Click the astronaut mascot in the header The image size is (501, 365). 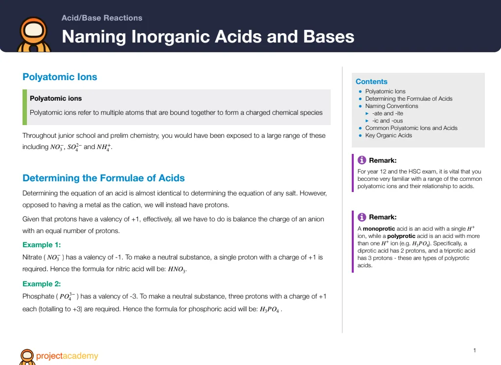(34, 35)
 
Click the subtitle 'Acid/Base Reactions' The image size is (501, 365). (102, 18)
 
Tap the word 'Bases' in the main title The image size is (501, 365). (328, 36)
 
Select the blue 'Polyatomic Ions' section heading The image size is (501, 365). (60, 77)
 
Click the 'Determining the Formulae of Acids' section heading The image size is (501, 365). (104, 178)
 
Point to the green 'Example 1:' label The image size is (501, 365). (42, 245)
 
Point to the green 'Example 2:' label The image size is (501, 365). (42, 284)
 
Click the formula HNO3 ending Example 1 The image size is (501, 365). (177, 269)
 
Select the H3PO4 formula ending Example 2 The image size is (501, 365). (270, 309)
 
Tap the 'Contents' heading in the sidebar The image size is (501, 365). (371, 82)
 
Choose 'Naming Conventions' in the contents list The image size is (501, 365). (391, 106)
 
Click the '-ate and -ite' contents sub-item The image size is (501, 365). (387, 113)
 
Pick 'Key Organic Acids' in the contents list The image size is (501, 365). (388, 135)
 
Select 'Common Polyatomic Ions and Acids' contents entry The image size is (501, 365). (411, 128)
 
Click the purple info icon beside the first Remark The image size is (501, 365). (362, 160)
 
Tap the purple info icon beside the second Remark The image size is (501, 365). (362, 217)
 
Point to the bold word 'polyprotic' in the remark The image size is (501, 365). (401, 236)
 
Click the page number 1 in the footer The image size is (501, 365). (475, 350)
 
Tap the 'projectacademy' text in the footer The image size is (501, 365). (67, 356)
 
